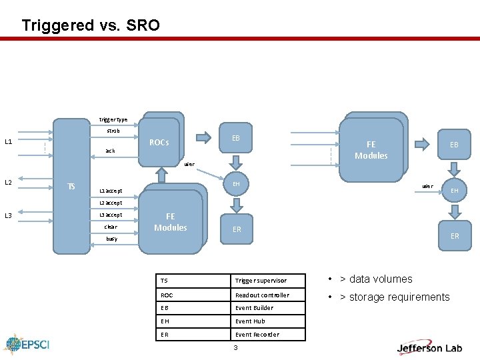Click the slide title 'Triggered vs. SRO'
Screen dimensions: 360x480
point(91,25)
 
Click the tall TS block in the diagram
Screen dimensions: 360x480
point(71,186)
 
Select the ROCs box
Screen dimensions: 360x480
point(159,142)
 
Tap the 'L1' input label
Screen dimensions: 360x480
point(9,141)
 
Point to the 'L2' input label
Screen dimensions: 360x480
point(9,182)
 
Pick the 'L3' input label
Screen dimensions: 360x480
point(9,215)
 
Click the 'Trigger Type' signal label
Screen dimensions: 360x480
point(113,120)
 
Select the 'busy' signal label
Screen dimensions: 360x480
point(111,239)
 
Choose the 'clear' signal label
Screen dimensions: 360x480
point(111,227)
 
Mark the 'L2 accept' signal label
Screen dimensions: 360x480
point(111,203)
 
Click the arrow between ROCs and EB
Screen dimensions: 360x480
point(202,139)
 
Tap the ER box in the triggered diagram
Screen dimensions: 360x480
point(237,229)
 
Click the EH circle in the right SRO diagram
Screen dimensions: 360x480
point(455,191)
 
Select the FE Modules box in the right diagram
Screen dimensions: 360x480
point(371,149)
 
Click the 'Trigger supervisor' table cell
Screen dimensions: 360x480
point(261,281)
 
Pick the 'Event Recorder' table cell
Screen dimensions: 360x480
point(257,335)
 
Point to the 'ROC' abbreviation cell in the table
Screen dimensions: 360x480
point(167,295)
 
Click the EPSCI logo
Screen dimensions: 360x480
point(27,345)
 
